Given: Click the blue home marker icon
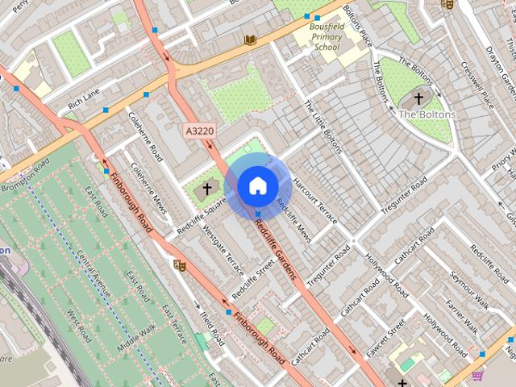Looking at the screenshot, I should [x=257, y=185].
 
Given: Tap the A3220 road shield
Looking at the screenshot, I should [x=200, y=130].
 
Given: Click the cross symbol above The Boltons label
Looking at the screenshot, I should [x=418, y=98].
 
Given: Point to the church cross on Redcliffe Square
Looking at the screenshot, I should [x=206, y=189].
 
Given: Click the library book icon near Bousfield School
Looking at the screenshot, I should [x=250, y=40].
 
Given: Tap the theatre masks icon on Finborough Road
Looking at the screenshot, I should [x=179, y=264].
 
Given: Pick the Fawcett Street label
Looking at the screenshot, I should [x=385, y=339].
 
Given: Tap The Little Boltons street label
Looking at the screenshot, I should [x=323, y=127].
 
